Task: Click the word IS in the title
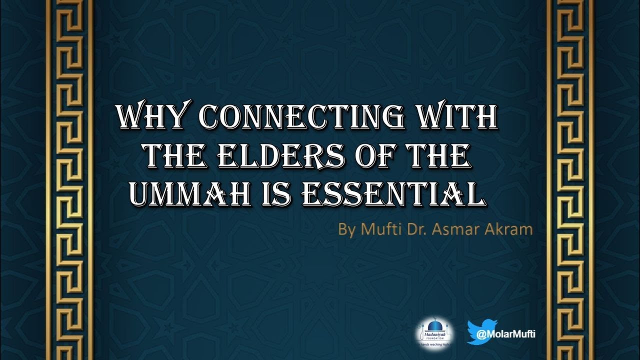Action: click(277, 194)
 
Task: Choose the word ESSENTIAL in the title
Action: click(393, 194)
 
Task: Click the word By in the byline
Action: click(346, 230)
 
